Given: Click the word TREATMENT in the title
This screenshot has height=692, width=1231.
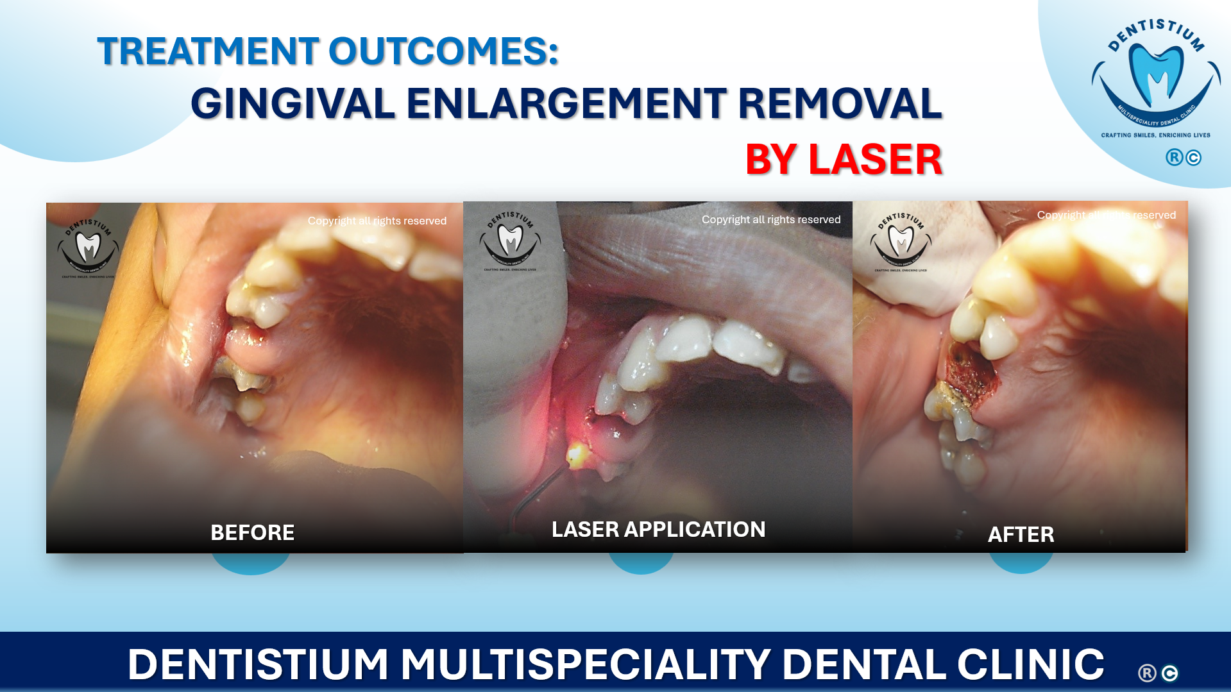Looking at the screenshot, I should pos(208,51).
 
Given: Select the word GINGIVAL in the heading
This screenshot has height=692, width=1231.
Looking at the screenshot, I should pos(293,104).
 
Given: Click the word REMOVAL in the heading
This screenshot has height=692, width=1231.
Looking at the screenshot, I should pos(840,104).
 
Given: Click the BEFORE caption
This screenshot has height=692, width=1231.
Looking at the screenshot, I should pos(252,532).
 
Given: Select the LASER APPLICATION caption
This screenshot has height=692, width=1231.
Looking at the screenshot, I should pos(658,530).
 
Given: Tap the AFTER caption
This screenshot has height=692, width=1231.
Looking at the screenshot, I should pos(1021,534).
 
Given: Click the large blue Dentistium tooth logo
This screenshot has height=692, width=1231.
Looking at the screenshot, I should pos(1156,74).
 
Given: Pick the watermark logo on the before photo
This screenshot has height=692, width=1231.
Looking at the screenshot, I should pos(89,247).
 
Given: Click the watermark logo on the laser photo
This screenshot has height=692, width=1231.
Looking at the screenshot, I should pos(510,241).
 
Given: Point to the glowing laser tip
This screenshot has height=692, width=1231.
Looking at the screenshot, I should pos(575,454).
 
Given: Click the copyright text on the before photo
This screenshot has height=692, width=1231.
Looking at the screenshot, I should pos(377,221).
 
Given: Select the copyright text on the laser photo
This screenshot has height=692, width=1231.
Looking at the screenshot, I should pos(770,219).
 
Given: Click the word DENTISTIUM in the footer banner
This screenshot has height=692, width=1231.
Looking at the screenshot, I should pos(258,664).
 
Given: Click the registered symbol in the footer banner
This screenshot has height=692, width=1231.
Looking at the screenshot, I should pos(1147,673).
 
